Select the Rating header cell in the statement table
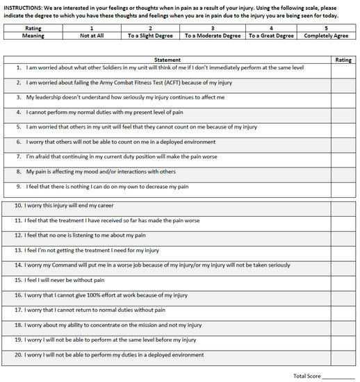(x=343, y=60)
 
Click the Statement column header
(x=167, y=60)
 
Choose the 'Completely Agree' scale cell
(x=327, y=35)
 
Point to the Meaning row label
(x=33, y=35)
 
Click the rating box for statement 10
(x=343, y=206)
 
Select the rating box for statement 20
(x=343, y=355)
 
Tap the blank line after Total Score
(x=339, y=376)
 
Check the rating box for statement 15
(x=343, y=281)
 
